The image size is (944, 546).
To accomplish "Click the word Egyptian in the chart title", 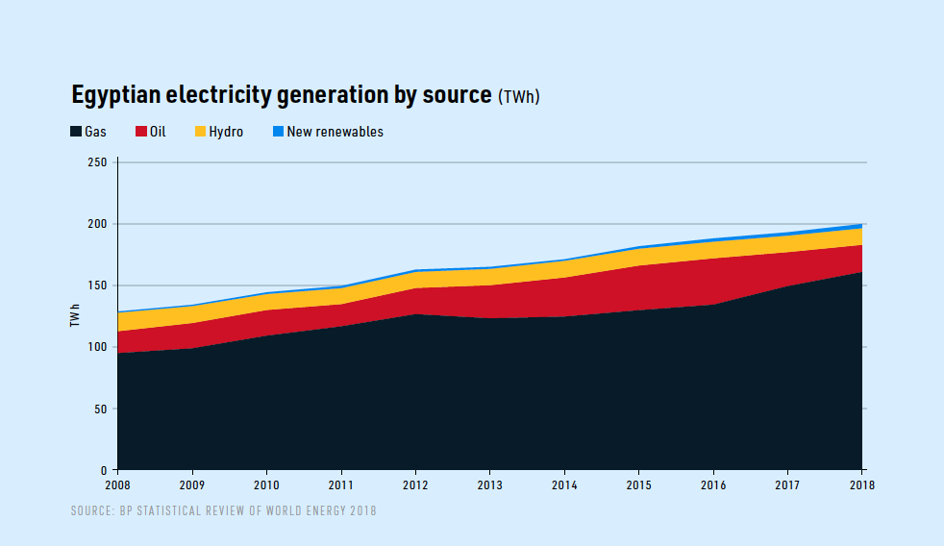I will point(116,95).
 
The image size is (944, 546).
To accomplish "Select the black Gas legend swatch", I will point(76,132).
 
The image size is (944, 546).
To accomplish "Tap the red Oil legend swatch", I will point(140,132).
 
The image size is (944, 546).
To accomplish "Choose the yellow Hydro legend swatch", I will point(200,132).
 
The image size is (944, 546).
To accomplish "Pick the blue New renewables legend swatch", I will point(279,132).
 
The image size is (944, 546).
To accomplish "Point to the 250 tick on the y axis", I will point(97,162).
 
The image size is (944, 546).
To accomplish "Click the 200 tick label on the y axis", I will point(97,224).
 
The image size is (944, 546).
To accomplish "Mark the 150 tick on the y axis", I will point(97,285).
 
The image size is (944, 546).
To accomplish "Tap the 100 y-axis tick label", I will point(97,347).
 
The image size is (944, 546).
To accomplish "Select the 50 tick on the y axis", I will point(100,409).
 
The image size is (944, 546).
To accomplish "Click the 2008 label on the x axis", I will point(117,485).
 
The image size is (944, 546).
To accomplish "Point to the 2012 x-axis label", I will point(415,485).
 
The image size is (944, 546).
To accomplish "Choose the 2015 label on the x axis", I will point(639,485).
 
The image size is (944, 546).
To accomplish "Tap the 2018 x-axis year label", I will point(862,485).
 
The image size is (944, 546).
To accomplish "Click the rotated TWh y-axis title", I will point(75,314).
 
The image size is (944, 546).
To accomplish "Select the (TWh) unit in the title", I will point(519,97).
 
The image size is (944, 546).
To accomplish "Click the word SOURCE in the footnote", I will point(92,510).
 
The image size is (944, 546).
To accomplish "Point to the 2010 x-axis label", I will point(266,485).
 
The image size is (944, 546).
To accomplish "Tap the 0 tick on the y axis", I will point(104,470).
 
